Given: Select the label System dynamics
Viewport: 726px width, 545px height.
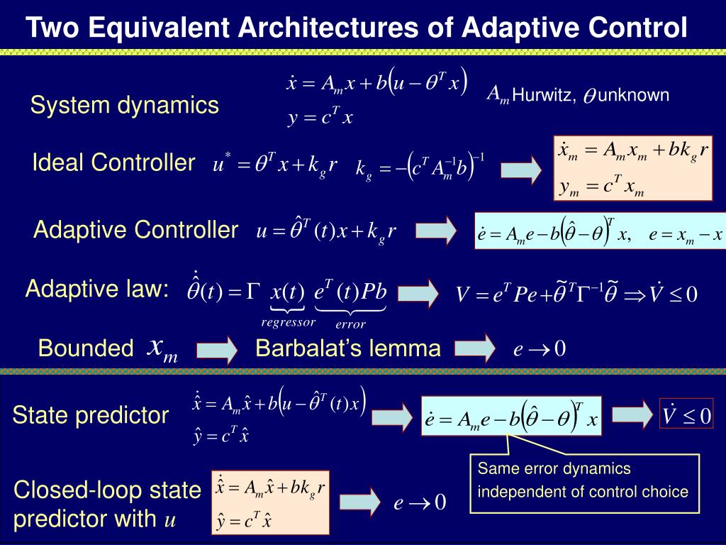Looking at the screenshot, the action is coord(124,106).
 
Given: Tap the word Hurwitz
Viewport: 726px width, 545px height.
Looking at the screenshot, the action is coord(544,95).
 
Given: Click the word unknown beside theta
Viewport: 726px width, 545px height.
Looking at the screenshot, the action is coord(633,95).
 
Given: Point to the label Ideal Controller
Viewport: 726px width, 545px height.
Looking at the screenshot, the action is coord(113,163).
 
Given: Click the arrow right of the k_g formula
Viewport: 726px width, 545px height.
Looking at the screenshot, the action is coord(521,170).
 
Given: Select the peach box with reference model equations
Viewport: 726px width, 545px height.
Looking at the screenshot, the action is coord(632,168).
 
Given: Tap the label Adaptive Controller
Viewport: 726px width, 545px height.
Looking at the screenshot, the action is coord(135,230).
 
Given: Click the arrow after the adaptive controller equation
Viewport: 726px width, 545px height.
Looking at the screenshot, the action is coord(436,231).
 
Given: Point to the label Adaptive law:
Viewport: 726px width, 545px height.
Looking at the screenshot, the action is coord(98,290).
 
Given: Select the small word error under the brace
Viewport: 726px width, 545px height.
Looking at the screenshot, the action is coord(350,325).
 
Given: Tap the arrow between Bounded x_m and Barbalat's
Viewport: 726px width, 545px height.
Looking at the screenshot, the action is coord(217,349).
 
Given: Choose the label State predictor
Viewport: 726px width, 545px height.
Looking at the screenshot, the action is coord(91,415).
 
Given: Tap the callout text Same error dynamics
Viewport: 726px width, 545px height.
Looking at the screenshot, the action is coord(554,469).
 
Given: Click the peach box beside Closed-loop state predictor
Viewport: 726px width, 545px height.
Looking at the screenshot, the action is coord(271,502).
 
